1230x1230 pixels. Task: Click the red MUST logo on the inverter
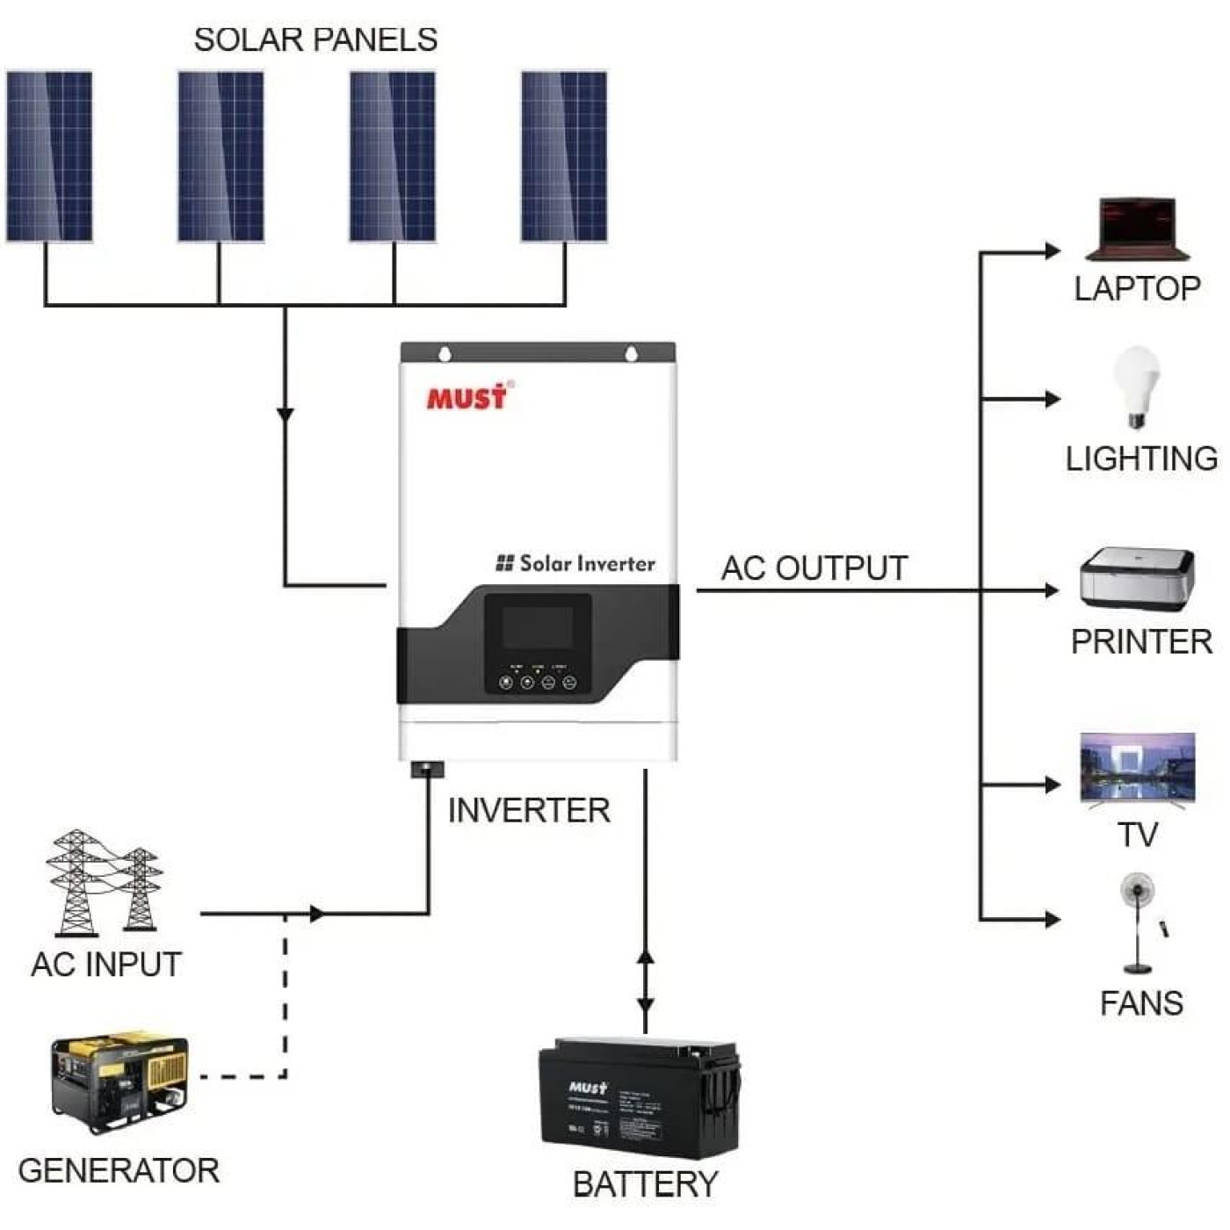click(x=467, y=397)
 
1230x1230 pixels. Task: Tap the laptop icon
click(x=1137, y=230)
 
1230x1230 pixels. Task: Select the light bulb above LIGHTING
click(x=1137, y=385)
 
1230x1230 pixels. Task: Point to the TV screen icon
click(x=1137, y=767)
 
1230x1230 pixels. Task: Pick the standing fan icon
click(x=1139, y=922)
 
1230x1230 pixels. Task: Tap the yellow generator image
click(x=119, y=1082)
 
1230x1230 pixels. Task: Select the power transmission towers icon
click(x=104, y=882)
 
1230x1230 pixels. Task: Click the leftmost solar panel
click(x=49, y=156)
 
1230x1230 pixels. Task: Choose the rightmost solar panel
click(x=564, y=156)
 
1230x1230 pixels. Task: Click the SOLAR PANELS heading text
click(x=315, y=40)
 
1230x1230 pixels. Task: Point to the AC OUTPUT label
click(x=814, y=568)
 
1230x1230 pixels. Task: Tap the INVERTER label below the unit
click(x=529, y=810)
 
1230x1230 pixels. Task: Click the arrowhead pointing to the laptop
click(x=1052, y=252)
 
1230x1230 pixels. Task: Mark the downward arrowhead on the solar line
click(x=285, y=414)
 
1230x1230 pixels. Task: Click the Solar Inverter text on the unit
click(x=576, y=563)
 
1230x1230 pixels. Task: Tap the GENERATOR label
click(x=119, y=1170)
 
